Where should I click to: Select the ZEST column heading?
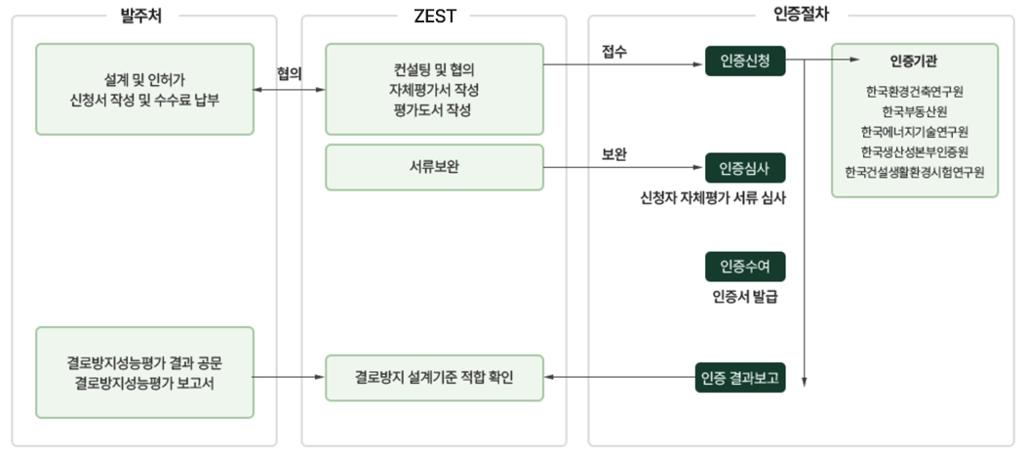[434, 15]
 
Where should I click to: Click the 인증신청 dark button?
[745, 62]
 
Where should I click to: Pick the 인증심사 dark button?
[745, 168]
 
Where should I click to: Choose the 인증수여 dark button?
[745, 267]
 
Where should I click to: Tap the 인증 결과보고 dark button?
[740, 377]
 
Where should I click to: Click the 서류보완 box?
[434, 167]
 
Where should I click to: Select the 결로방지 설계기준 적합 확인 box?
[434, 377]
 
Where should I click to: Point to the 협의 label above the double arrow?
[289, 72]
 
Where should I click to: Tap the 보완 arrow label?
[614, 154]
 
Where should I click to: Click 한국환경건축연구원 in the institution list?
[915, 92]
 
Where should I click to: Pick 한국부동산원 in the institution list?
[915, 111]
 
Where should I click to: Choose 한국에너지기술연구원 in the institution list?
[915, 131]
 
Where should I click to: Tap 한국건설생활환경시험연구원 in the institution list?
[915, 171]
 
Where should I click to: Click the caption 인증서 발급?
[745, 297]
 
